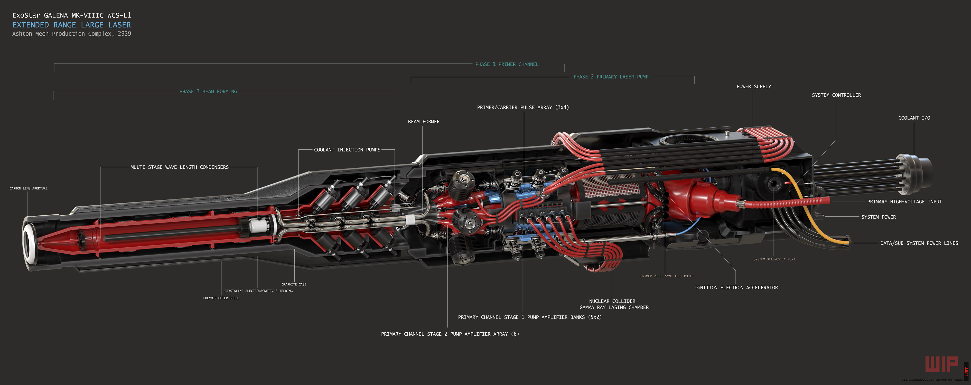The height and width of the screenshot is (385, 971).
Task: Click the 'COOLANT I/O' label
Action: pyautogui.click(x=914, y=118)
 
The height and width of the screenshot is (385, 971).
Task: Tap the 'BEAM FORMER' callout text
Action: pyautogui.click(x=424, y=122)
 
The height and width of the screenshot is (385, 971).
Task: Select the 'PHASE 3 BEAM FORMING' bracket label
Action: pyautogui.click(x=208, y=92)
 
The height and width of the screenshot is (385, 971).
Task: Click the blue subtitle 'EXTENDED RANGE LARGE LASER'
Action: pyautogui.click(x=72, y=25)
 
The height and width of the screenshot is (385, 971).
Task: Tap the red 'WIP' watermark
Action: pyautogui.click(x=941, y=364)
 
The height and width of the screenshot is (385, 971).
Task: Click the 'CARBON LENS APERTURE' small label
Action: pyautogui.click(x=29, y=188)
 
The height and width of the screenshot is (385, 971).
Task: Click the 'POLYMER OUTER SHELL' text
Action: pyautogui.click(x=221, y=298)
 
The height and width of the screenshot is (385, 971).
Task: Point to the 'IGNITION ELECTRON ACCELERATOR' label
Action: pyautogui.click(x=736, y=287)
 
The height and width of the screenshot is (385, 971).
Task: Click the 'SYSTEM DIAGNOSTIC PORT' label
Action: pyautogui.click(x=774, y=259)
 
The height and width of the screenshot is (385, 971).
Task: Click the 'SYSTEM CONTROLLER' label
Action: pyautogui.click(x=836, y=95)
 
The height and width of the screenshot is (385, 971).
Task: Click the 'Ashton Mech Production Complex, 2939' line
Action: pyautogui.click(x=72, y=34)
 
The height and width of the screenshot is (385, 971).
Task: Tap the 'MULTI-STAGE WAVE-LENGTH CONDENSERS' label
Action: pyautogui.click(x=179, y=167)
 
